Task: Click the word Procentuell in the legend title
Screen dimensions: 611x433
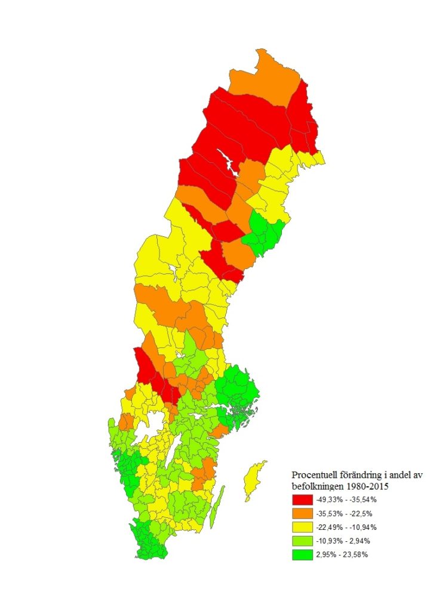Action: (315, 475)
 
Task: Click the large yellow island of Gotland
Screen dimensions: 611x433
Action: (255, 480)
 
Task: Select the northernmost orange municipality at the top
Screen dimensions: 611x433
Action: (263, 78)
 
